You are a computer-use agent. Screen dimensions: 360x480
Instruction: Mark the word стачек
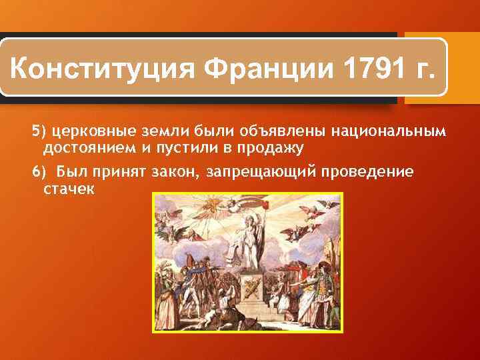pos(69,189)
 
